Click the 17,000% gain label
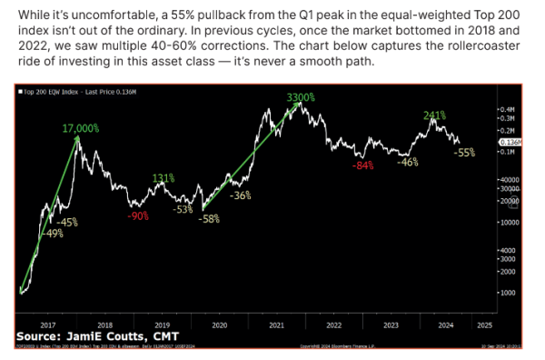[x=81, y=130]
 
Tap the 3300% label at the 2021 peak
[x=302, y=97]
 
